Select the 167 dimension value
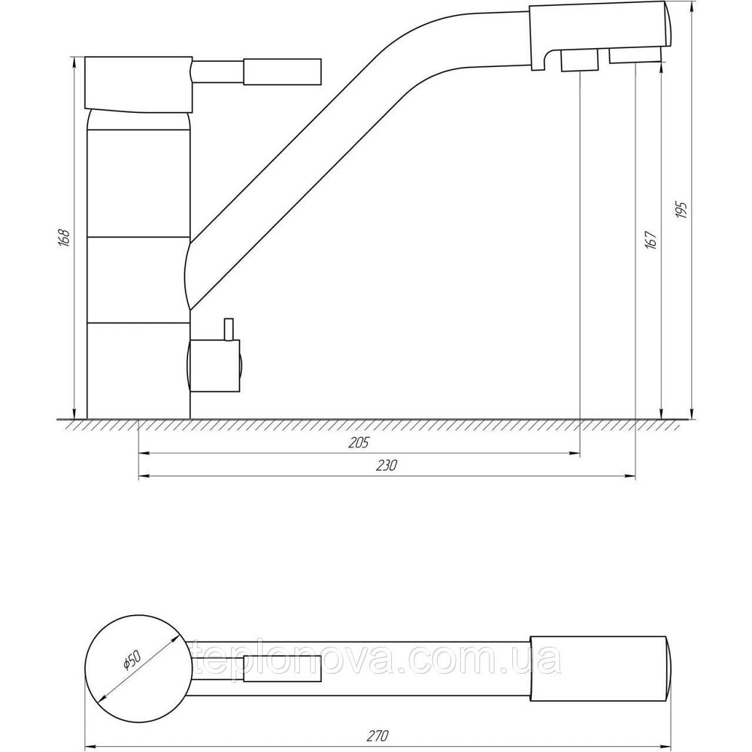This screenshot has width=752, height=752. [x=651, y=240]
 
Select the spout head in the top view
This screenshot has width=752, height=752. [x=599, y=666]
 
